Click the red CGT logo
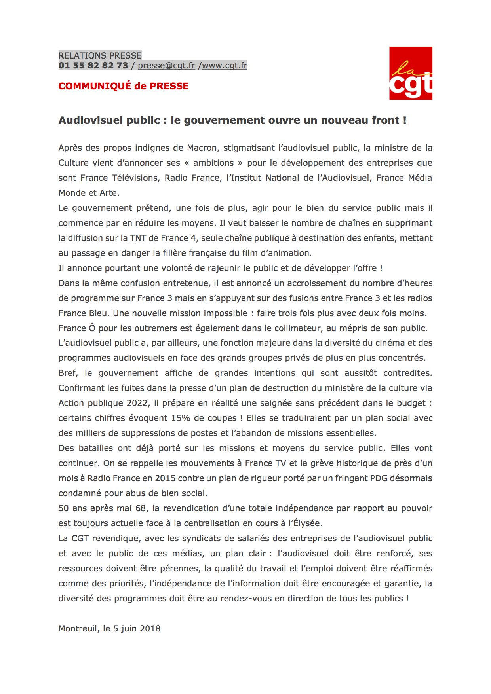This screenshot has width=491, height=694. tap(411, 73)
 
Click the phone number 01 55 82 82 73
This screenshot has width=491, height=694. tap(93, 66)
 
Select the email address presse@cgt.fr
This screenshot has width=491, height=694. tap(167, 66)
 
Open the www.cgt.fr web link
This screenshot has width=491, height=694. tap(225, 66)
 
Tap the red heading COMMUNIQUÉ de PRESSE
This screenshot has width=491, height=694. tap(124, 86)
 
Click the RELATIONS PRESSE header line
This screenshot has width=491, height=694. tap(100, 55)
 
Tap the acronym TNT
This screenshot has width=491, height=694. tap(138, 238)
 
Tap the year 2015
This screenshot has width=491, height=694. tap(165, 478)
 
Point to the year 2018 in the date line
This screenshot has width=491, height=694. tap(150, 629)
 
